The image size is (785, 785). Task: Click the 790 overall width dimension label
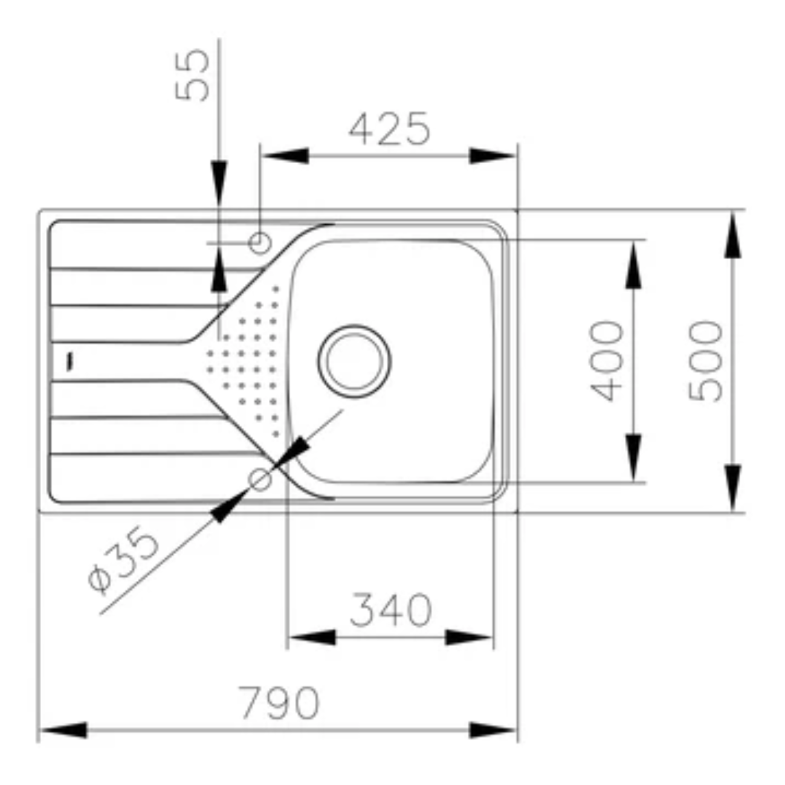click(279, 703)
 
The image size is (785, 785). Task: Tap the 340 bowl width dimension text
click(390, 609)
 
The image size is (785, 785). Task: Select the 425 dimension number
click(389, 129)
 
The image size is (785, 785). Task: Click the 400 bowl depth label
click(607, 361)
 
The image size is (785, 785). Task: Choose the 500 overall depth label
click(705, 361)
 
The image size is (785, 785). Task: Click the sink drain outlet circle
click(354, 361)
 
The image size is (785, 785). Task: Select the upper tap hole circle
click(260, 243)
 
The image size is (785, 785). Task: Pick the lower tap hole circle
click(260, 479)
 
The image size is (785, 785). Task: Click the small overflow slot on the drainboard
click(70, 362)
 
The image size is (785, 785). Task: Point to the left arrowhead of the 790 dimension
click(63, 730)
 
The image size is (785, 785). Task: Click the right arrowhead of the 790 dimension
click(493, 730)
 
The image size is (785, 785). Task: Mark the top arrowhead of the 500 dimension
click(733, 235)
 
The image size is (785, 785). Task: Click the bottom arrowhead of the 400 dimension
click(633, 458)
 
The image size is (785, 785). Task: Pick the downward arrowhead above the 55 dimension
click(219, 184)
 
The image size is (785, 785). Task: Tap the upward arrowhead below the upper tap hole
click(219, 270)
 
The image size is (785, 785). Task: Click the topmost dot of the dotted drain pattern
click(276, 289)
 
